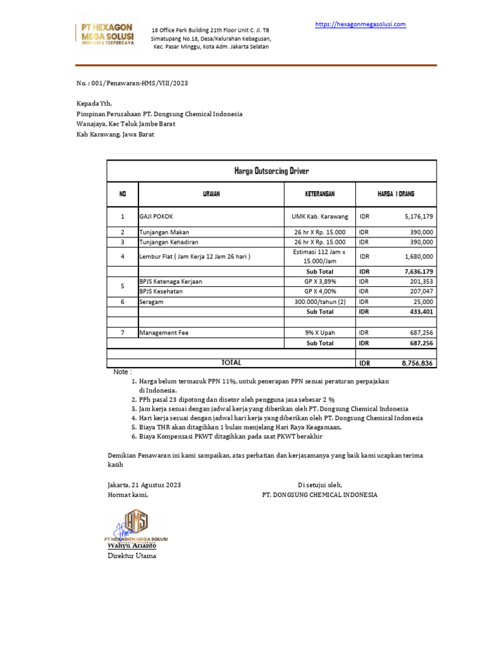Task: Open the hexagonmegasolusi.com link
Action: (x=360, y=24)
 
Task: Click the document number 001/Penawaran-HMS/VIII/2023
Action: (x=132, y=83)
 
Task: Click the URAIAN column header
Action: (x=211, y=194)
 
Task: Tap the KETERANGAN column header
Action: (x=320, y=194)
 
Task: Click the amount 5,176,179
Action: (x=418, y=216)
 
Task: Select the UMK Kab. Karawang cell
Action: (x=320, y=216)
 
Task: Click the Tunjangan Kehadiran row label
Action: (x=168, y=242)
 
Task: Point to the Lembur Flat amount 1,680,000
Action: (x=418, y=256)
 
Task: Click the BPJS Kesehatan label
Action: (x=161, y=291)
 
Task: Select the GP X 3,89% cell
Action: (x=320, y=281)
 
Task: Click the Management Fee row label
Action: (x=164, y=332)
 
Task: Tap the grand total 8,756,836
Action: (x=417, y=363)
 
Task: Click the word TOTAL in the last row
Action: (x=231, y=362)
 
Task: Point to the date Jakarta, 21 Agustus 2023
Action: (x=144, y=485)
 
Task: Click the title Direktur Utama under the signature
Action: (x=132, y=555)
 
